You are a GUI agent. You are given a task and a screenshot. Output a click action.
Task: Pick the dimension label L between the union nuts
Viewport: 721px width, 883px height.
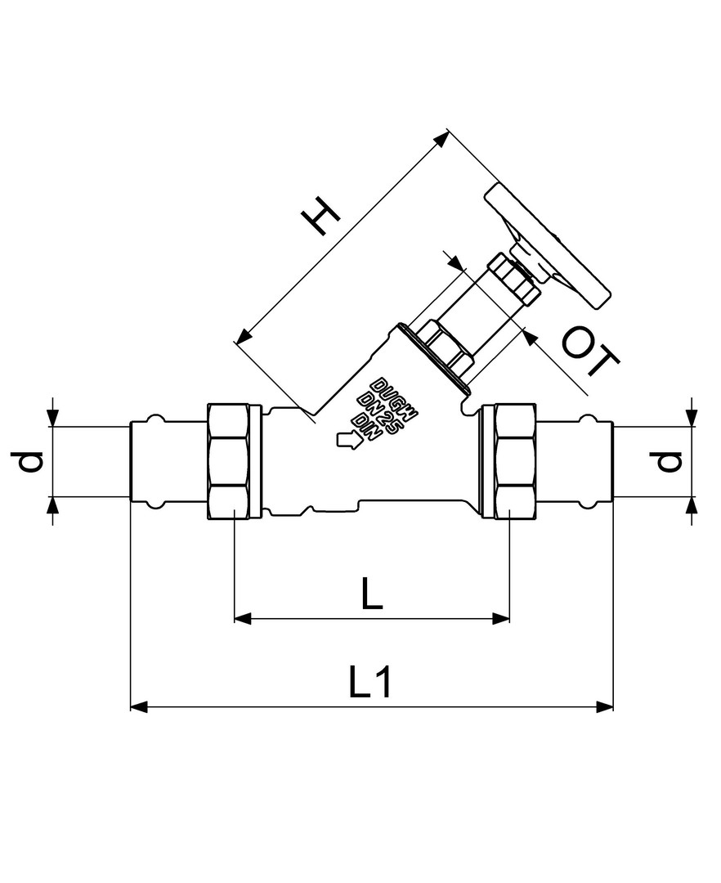pyautogui.click(x=371, y=594)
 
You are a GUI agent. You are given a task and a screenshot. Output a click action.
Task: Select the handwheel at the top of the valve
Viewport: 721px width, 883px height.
pyautogui.click(x=548, y=247)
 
